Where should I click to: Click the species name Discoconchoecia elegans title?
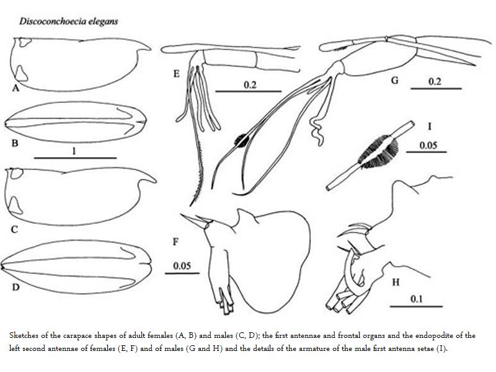tap(69, 22)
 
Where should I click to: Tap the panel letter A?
tap(16, 87)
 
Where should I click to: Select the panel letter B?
tap(15, 143)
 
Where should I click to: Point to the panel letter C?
tap(14, 229)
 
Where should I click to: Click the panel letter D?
tap(16, 287)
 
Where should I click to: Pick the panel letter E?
tap(177, 74)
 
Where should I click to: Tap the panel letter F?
tap(175, 242)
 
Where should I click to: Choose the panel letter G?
tap(394, 81)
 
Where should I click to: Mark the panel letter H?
tap(396, 282)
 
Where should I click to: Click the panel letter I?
tap(429, 126)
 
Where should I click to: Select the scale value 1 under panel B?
tap(74, 151)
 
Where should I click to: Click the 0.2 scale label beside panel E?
tap(250, 85)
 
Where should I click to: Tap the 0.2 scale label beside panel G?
tap(435, 82)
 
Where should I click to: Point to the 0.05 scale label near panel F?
tap(182, 266)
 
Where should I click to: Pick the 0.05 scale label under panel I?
tap(428, 145)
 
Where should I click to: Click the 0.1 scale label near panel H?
tap(416, 299)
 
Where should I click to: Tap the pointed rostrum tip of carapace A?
tap(151, 49)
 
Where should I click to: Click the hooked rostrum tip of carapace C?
tap(156, 182)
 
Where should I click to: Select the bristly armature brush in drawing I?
tap(379, 151)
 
